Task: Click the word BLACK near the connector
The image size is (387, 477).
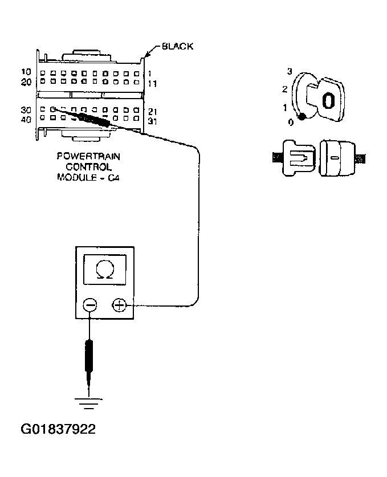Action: point(177,46)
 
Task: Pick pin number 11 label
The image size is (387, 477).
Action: point(152,83)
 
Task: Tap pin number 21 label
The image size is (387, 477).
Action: point(152,111)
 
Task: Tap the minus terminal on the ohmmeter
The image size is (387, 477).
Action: point(90,306)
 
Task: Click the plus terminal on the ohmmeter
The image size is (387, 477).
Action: point(119,306)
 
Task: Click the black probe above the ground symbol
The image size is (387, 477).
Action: point(89,356)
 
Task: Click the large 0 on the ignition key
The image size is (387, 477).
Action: point(328,101)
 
